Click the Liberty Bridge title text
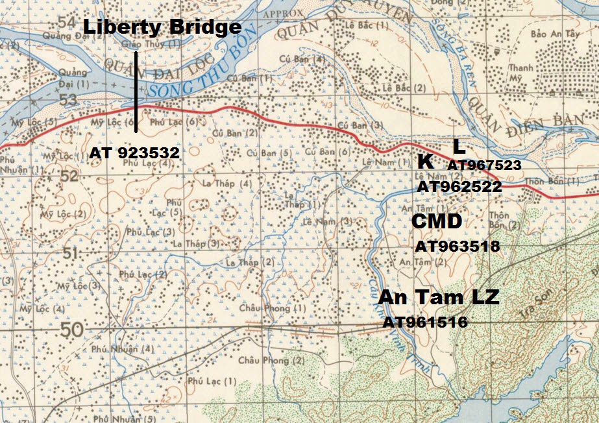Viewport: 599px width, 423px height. tap(162, 27)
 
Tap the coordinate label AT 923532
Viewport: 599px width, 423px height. tap(134, 153)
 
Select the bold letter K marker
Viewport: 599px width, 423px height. tap(426, 162)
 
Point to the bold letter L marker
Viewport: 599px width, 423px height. tap(459, 146)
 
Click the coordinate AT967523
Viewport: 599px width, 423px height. tap(484, 165)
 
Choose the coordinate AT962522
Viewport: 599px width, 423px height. tap(459, 187)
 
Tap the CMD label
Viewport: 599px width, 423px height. tap(437, 222)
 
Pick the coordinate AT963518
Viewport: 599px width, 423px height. tap(457, 247)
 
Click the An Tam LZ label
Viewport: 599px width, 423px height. tap(439, 297)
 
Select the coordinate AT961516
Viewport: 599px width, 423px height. tap(425, 322)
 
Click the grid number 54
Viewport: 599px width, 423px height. tap(66, 21)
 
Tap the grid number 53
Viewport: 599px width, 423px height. tap(66, 99)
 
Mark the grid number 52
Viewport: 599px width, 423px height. tap(68, 176)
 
